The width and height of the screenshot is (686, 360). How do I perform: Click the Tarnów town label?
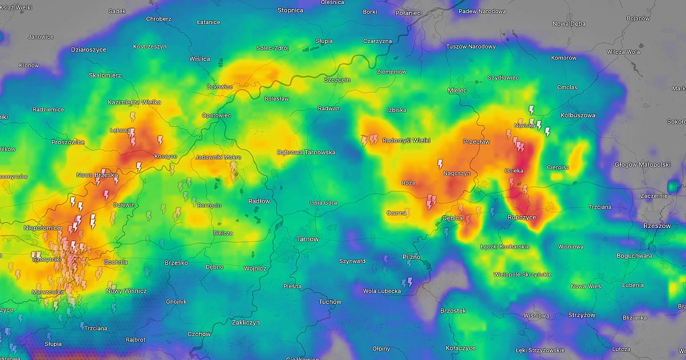(x=307, y=239)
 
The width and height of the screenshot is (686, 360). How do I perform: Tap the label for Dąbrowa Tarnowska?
(x=306, y=153)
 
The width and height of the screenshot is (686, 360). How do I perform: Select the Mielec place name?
(x=457, y=90)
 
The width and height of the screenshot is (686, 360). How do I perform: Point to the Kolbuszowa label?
(x=577, y=115)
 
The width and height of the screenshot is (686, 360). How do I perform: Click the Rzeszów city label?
(x=656, y=226)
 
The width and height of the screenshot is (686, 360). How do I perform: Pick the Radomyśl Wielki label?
(x=406, y=140)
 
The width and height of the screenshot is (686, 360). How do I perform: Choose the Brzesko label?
(x=176, y=263)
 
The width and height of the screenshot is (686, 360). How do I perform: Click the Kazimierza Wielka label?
(x=134, y=102)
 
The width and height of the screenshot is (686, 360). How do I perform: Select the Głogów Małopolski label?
(x=642, y=165)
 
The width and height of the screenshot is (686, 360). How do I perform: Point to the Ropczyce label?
(x=521, y=217)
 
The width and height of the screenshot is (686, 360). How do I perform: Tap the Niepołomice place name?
(x=42, y=227)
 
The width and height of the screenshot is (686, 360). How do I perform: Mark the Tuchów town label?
(x=330, y=302)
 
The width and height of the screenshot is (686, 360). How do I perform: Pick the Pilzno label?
(x=411, y=257)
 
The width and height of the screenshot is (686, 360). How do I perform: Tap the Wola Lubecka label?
(x=382, y=291)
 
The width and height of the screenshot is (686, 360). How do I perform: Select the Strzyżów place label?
(x=582, y=315)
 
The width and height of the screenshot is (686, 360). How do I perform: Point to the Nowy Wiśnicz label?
(x=126, y=291)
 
